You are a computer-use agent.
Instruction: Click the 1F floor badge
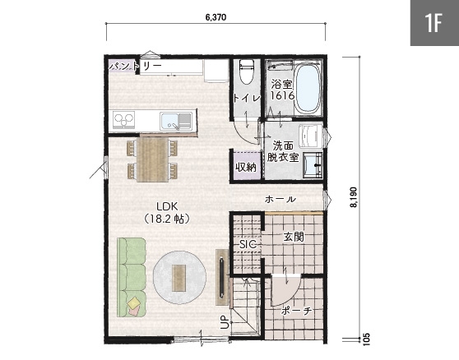pyautogui.click(x=434, y=23)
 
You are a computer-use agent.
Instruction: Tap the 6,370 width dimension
pyautogui.click(x=216, y=17)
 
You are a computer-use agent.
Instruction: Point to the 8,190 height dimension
pyautogui.click(x=354, y=197)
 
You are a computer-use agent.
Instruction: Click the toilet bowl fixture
pyautogui.click(x=247, y=72)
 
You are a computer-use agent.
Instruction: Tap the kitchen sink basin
pyautogui.click(x=176, y=122)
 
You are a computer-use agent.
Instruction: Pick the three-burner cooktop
pyautogui.click(x=124, y=120)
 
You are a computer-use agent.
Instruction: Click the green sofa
pyautogui.click(x=132, y=277)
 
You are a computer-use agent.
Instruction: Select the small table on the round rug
pyautogui.click(x=178, y=278)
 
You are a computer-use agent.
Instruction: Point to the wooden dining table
pyautogui.click(x=152, y=159)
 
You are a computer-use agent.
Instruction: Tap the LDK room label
pyautogui.click(x=167, y=206)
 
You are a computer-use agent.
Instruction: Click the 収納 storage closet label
pyautogui.click(x=246, y=167)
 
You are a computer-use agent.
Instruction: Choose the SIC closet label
pyautogui.click(x=248, y=244)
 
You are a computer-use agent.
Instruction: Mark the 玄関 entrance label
pyautogui.click(x=294, y=237)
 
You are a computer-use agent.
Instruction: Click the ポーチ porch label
pyautogui.click(x=296, y=312)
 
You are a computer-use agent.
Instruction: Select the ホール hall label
pyautogui.click(x=280, y=200)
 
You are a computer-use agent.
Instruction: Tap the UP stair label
pyautogui.click(x=225, y=322)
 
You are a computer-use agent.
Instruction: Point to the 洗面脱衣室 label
pyautogui.click(x=283, y=151)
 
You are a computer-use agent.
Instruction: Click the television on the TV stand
pyautogui.click(x=222, y=276)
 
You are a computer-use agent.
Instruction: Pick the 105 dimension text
pyautogui.click(x=367, y=339)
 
